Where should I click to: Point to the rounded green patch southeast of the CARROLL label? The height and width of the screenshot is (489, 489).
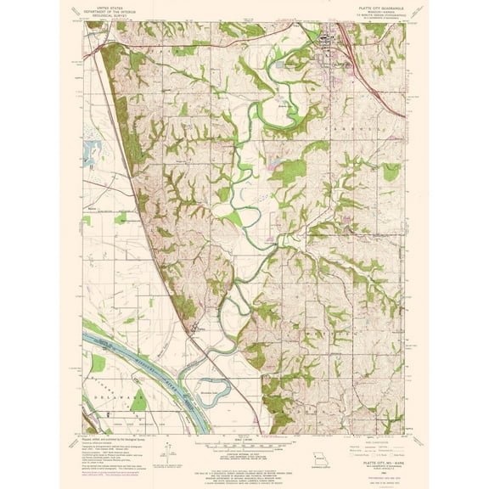[x=390, y=171]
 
